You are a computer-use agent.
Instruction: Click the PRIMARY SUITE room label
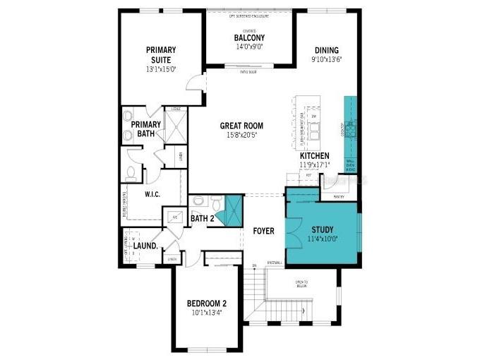(x=161, y=54)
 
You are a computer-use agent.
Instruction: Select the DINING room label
(x=325, y=50)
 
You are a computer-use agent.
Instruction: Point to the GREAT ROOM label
(x=241, y=126)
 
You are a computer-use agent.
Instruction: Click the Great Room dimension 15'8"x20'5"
(x=241, y=135)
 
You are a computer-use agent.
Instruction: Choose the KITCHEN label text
(x=315, y=155)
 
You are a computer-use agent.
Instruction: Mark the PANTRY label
(x=339, y=197)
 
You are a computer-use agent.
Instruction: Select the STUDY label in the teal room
(x=323, y=229)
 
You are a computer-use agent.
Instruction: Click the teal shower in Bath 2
(x=229, y=210)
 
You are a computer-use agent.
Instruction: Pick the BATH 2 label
(x=202, y=219)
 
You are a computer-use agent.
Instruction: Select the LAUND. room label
(x=145, y=246)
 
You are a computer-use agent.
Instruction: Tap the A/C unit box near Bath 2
(x=174, y=217)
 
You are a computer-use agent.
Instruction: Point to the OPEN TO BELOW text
(x=301, y=284)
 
